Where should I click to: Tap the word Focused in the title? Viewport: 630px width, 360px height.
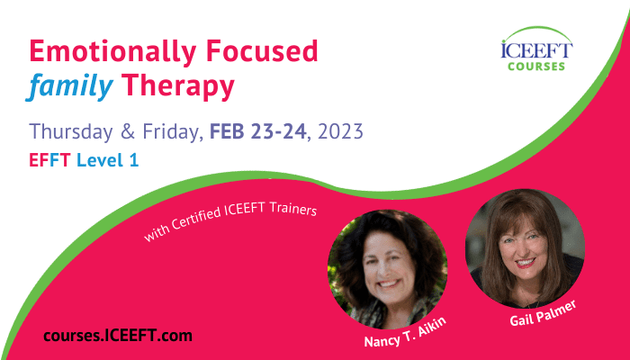262,50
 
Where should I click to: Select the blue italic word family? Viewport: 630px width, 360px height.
69,86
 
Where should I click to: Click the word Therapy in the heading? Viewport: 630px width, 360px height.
177,87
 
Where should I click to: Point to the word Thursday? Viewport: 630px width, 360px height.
71,131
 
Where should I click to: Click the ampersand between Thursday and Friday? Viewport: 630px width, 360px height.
128,131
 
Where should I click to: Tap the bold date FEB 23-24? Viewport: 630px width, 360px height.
258,131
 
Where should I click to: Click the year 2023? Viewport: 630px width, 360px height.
341,131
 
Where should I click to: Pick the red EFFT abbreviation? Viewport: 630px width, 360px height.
49,160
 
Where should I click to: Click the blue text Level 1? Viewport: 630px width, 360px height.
108,160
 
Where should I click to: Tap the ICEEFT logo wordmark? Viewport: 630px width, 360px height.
536,49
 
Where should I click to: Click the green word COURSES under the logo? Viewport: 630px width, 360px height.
536,67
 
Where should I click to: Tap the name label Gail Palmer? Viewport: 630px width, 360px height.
544,314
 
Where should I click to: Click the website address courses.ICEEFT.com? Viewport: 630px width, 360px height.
118,336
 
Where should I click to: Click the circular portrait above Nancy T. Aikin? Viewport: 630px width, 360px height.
388,269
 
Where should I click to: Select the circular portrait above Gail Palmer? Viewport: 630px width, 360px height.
525,248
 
